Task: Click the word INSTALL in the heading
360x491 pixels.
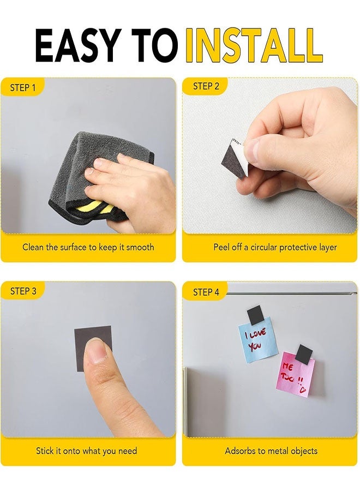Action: click(x=254, y=46)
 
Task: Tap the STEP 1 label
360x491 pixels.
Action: click(x=23, y=87)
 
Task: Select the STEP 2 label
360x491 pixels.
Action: click(x=206, y=86)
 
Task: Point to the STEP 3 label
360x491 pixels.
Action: click(x=23, y=291)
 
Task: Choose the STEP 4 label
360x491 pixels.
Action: click(x=206, y=292)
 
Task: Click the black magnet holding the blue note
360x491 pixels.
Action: click(x=256, y=315)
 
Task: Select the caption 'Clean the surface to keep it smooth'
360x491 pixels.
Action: click(x=88, y=247)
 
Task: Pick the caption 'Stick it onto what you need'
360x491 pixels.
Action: click(x=86, y=451)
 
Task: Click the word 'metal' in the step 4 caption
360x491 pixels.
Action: click(x=280, y=451)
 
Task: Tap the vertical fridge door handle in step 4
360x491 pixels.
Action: click(x=185, y=401)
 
